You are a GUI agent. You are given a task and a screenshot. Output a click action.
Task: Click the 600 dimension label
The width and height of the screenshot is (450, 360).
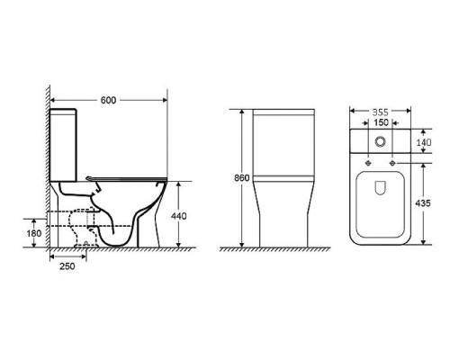pyautogui.click(x=108, y=100)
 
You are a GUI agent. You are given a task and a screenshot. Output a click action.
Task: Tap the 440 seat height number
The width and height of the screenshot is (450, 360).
pyautogui.click(x=178, y=216)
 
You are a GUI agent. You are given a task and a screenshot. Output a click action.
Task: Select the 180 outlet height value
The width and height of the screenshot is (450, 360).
pyautogui.click(x=34, y=233)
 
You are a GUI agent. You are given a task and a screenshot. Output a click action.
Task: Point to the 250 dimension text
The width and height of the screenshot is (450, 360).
pyautogui.click(x=67, y=266)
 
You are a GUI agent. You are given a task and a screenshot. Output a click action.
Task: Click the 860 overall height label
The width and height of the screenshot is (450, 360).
pyautogui.click(x=241, y=178)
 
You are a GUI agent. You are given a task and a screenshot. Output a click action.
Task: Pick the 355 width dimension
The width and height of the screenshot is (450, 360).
pyautogui.click(x=381, y=112)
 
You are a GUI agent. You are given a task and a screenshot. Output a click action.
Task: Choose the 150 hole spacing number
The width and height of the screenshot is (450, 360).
pyautogui.click(x=381, y=122)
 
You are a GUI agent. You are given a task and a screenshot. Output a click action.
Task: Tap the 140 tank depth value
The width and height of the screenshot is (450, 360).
pyautogui.click(x=424, y=142)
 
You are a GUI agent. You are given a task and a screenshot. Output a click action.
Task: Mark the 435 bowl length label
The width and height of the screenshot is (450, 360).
pyautogui.click(x=423, y=203)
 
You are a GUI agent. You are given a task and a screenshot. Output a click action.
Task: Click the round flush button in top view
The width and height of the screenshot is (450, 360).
pyautogui.click(x=381, y=141)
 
